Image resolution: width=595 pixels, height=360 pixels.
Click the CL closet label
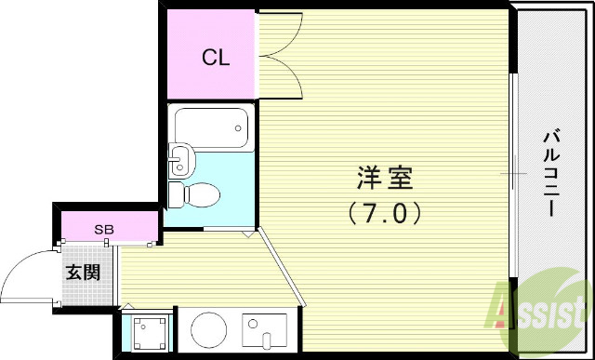pyautogui.click(x=216, y=58)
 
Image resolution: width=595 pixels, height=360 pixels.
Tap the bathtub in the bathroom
pyautogui.click(x=211, y=127)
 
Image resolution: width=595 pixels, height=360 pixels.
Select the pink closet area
pyautogui.click(x=212, y=56)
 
